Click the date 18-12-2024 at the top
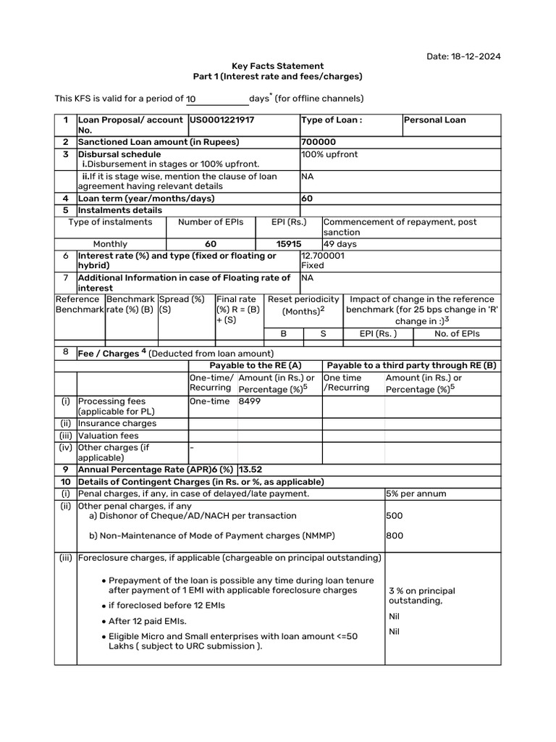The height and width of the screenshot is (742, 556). [474, 57]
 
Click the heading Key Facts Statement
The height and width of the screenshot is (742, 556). [277, 66]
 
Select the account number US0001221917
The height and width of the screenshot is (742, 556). [222, 120]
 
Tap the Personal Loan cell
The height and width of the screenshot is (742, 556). [434, 120]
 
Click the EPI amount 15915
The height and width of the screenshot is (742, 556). [289, 244]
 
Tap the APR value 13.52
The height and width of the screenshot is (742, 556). [251, 470]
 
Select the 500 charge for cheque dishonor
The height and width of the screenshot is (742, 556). [395, 516]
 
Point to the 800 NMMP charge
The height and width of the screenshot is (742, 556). [395, 536]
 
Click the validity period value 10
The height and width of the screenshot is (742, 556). [191, 99]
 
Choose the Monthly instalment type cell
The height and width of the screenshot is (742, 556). [110, 244]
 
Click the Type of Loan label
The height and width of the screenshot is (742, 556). [331, 120]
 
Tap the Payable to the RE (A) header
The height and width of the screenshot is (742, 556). [255, 366]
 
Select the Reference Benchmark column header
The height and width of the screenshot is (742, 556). [79, 304]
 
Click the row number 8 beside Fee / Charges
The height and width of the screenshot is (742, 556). [65, 353]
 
